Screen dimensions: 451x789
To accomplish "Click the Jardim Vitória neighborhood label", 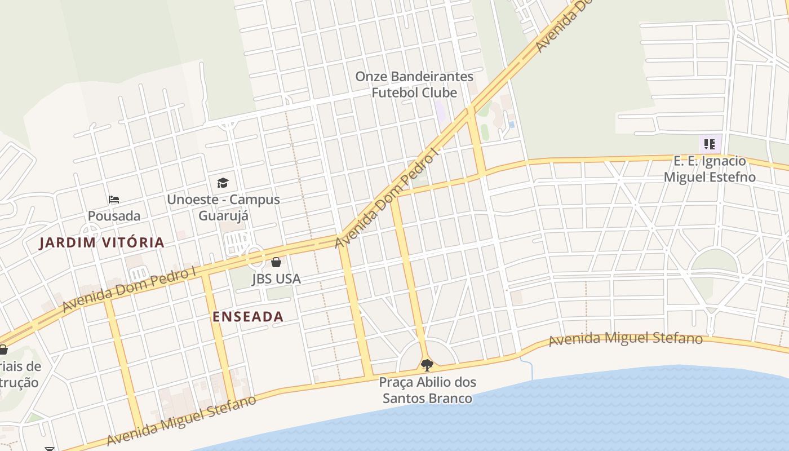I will tap(102, 243).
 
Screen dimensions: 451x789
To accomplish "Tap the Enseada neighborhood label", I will tap(248, 317).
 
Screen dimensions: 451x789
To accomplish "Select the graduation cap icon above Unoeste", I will tap(223, 183).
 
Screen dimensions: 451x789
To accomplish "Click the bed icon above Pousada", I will tap(114, 199).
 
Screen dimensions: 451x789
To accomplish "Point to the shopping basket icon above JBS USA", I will tap(276, 262).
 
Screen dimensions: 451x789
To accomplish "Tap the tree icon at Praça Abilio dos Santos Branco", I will tap(427, 365).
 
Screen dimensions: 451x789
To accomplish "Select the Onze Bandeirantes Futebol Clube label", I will tap(414, 84).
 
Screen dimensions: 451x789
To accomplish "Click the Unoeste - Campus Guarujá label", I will tap(223, 207).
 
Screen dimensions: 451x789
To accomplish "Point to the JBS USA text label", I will tap(276, 278).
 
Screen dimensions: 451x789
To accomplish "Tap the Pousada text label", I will tap(114, 216).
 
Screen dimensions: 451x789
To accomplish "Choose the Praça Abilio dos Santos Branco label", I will tap(427, 390).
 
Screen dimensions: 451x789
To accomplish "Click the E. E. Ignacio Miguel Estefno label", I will tap(710, 169).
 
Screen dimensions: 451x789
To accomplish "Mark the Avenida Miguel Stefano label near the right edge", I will tap(626, 339).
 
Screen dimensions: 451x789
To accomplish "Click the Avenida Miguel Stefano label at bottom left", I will tap(180, 421).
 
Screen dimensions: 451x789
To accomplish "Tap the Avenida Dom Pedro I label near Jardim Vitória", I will tap(129, 288).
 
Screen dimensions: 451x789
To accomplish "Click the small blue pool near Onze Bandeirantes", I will tap(511, 124).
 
